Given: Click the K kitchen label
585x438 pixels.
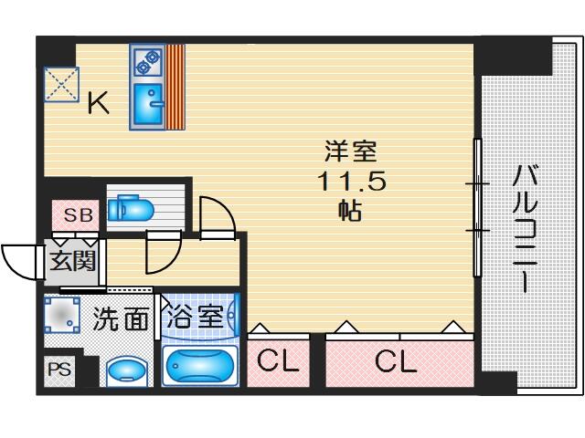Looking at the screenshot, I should pos(98,105).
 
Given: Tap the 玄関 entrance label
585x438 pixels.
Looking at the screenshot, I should pos(72,261).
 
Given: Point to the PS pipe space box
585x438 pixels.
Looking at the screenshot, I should pos(58,370).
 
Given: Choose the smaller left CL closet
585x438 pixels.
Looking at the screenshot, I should pos(275,362).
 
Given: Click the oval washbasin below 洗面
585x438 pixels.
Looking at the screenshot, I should pos(126,370).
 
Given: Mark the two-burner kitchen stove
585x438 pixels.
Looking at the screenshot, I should pos(147,62).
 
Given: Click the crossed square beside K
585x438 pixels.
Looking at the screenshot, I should pos(62,86).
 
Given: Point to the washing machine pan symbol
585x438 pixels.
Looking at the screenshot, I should pos(62,317).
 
